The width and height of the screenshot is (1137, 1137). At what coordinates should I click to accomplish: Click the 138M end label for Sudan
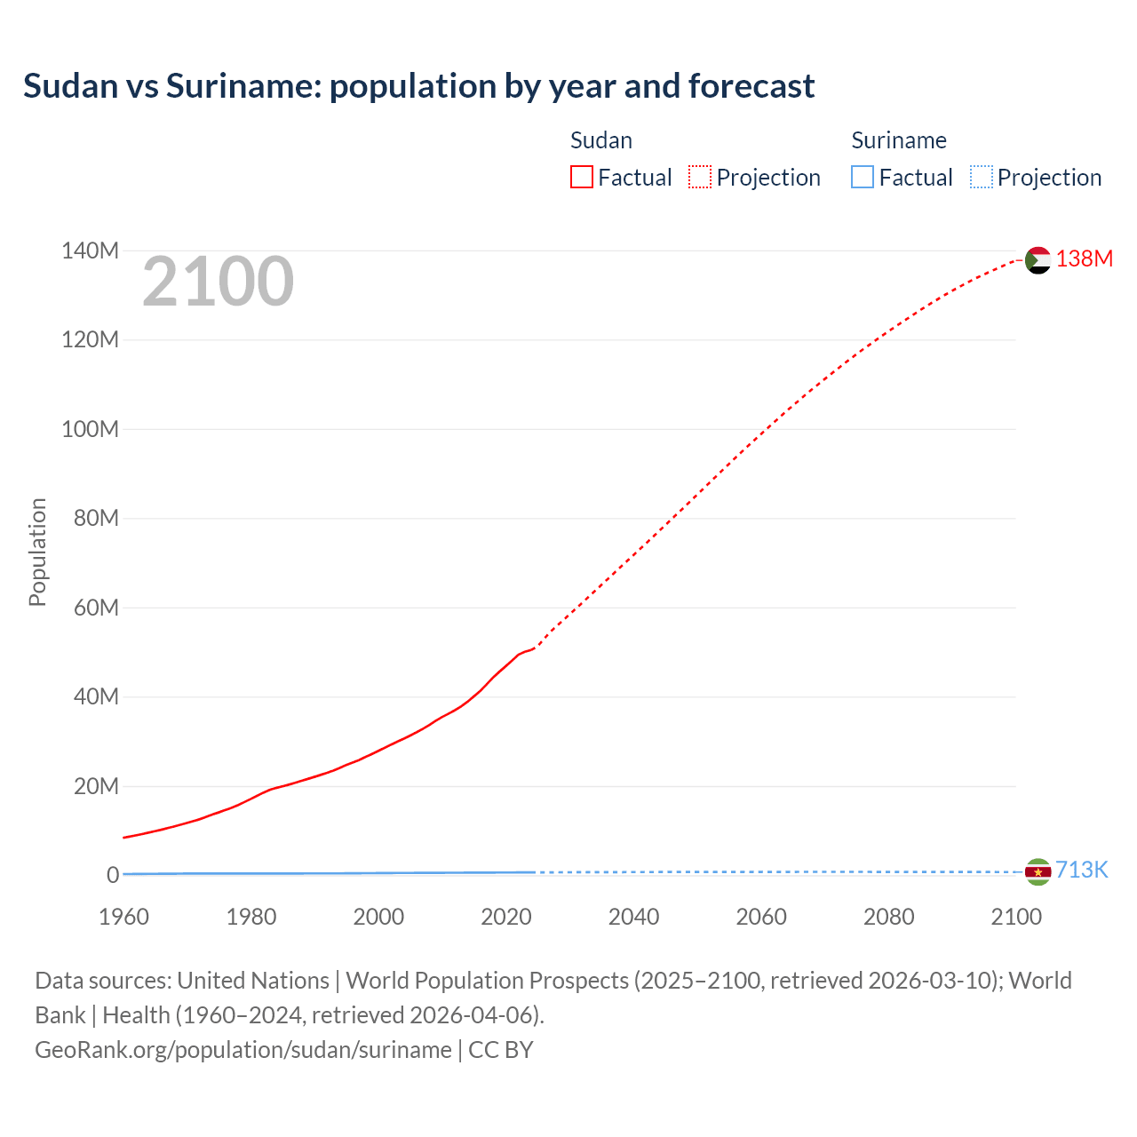click(1084, 258)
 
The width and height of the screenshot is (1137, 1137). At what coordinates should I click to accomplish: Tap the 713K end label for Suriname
click(1081, 870)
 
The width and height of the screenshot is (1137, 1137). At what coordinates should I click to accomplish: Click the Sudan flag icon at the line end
click(1038, 260)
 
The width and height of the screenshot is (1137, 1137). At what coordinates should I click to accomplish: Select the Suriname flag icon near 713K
click(1038, 872)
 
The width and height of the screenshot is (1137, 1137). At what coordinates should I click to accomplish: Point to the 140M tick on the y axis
click(90, 250)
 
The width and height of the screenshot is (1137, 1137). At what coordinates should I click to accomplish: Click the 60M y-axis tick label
click(96, 608)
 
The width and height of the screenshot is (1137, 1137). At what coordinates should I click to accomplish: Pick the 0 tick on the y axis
click(113, 875)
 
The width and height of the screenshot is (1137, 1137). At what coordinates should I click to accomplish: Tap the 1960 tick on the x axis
click(123, 917)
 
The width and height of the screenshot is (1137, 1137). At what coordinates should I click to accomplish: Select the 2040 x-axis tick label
click(633, 917)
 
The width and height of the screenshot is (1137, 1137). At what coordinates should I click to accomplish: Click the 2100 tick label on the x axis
click(1015, 917)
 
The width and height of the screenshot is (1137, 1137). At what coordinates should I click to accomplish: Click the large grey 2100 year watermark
click(218, 282)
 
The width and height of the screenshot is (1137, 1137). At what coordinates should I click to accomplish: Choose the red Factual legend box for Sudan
click(581, 178)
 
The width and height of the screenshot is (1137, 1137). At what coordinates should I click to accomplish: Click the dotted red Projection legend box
click(700, 178)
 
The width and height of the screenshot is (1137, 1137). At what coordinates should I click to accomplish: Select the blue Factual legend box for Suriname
click(862, 178)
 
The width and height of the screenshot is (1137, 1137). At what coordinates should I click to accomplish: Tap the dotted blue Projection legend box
click(981, 178)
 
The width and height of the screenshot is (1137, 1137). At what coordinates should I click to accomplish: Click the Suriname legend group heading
click(898, 140)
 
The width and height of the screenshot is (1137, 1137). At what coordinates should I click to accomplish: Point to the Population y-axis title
click(37, 552)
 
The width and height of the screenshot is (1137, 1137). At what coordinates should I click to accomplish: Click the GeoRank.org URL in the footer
click(243, 1049)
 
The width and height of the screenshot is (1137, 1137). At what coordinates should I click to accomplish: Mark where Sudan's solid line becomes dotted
click(534, 648)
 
